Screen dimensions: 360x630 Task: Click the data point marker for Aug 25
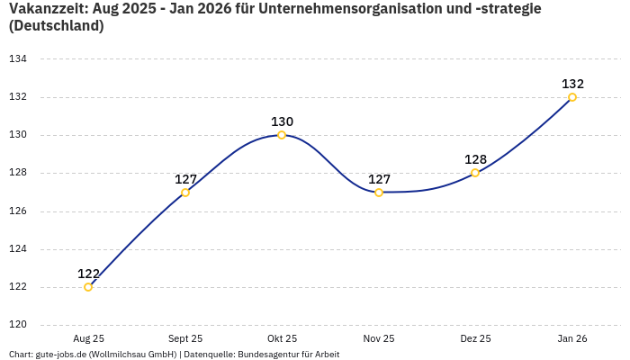pyautogui.click(x=88, y=287)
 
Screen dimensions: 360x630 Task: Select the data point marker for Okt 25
pyautogui.click(x=282, y=135)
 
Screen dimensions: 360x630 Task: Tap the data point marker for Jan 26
pyautogui.click(x=572, y=97)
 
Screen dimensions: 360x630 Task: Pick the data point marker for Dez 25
pyautogui.click(x=475, y=173)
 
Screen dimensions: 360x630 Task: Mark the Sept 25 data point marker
pyautogui.click(x=185, y=193)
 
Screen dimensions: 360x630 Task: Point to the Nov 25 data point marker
pyautogui.click(x=379, y=193)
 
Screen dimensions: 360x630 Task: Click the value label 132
pyautogui.click(x=572, y=84)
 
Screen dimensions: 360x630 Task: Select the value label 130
pyautogui.click(x=282, y=121)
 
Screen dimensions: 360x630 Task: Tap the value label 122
pyautogui.click(x=88, y=274)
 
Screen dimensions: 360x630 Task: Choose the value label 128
pyautogui.click(x=475, y=159)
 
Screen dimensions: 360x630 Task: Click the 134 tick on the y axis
pyautogui.click(x=18, y=59)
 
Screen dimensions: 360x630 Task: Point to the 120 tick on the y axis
pyautogui.click(x=18, y=325)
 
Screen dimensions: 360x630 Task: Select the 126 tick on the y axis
pyautogui.click(x=18, y=211)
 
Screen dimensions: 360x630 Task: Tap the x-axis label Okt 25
pyautogui.click(x=282, y=339)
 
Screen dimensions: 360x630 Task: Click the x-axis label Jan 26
pyautogui.click(x=572, y=339)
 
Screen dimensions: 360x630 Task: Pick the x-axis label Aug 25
pyautogui.click(x=88, y=339)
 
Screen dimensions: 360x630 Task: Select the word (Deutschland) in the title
pyautogui.click(x=56, y=27)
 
